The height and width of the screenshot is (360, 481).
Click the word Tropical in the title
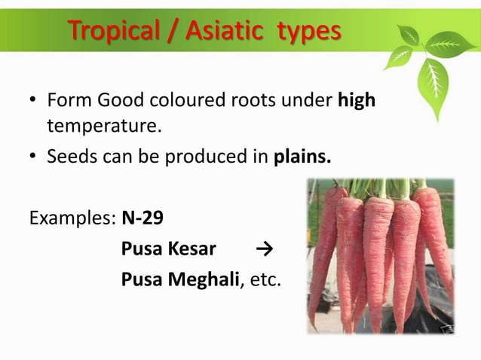pyautogui.click(x=114, y=31)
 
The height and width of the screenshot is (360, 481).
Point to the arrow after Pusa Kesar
pyautogui.click(x=263, y=249)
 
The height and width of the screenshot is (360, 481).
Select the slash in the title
pyautogui.click(x=171, y=31)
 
